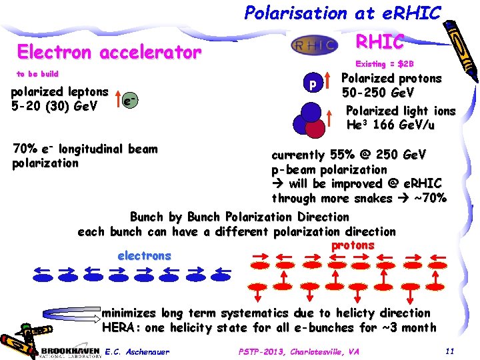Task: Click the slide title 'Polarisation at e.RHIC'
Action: pyautogui.click(x=343, y=13)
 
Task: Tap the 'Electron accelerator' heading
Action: pyautogui.click(x=109, y=52)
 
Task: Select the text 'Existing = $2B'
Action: pyautogui.click(x=385, y=64)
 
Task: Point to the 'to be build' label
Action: pyautogui.click(x=37, y=74)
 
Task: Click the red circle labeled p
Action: pyautogui.click(x=311, y=85)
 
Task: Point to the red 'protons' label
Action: pyautogui.click(x=353, y=245)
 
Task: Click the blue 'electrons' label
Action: pyautogui.click(x=144, y=256)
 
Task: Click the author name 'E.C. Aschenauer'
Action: pyautogui.click(x=137, y=351)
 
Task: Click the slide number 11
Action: pyautogui.click(x=449, y=351)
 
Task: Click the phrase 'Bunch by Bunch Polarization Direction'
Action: pyautogui.click(x=239, y=217)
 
